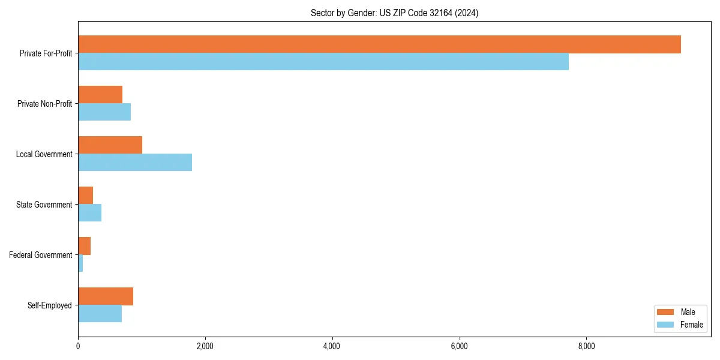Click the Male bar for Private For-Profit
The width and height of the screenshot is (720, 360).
coord(379,44)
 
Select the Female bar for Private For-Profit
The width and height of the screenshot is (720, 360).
coord(323,62)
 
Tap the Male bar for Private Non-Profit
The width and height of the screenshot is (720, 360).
coord(100,95)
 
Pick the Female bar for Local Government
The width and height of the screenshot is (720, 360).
coord(135,163)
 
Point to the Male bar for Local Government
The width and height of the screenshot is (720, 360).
coord(110,145)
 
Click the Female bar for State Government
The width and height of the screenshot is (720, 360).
coord(89,213)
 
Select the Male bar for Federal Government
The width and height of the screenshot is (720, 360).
coord(84,246)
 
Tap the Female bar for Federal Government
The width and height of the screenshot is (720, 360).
coord(80,263)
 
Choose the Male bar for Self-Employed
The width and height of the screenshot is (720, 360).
coord(106,296)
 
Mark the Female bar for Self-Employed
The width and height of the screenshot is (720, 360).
coord(100,314)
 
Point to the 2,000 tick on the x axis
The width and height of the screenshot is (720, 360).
coord(205,346)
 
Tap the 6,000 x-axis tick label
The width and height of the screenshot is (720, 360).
coord(459,346)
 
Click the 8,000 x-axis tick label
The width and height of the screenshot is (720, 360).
coord(586,346)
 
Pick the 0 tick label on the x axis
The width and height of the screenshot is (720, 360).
coord(78,346)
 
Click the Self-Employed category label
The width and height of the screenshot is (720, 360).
coord(50,305)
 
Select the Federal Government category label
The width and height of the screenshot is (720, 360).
coord(41,255)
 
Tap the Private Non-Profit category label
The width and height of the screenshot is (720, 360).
coord(44,104)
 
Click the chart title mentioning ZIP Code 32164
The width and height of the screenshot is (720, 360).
coord(394,13)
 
